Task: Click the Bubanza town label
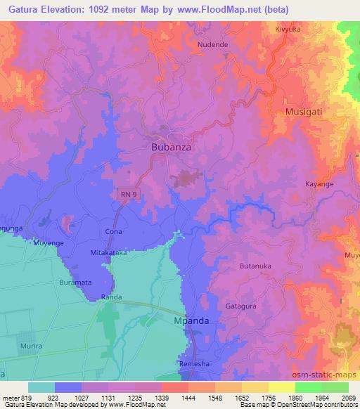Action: coord(172,148)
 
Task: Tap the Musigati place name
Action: coord(306,112)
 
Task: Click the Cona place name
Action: coord(113,231)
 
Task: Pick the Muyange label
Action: coord(49,243)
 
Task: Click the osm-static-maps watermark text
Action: coord(325,372)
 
